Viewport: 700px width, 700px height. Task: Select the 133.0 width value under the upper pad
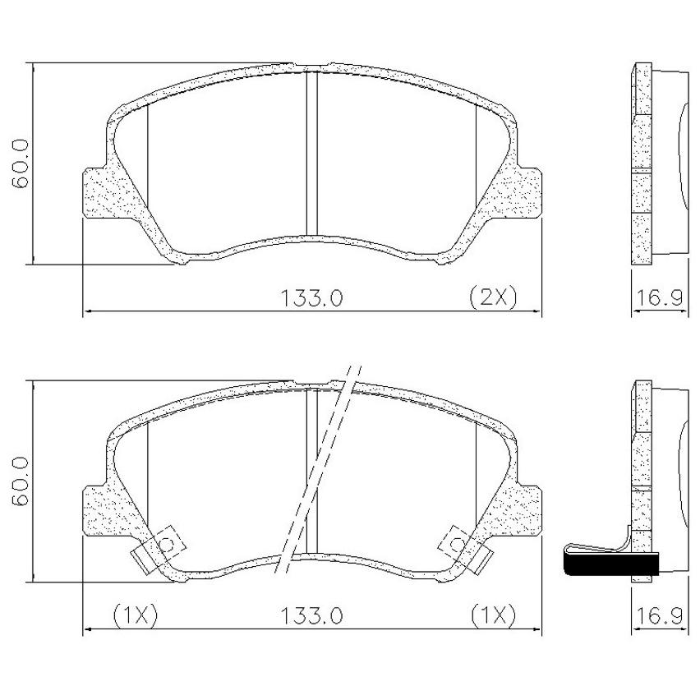point(311,298)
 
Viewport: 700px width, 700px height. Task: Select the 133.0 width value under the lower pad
point(311,616)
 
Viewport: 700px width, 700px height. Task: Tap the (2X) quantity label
point(493,297)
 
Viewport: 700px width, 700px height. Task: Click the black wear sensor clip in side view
point(611,564)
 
